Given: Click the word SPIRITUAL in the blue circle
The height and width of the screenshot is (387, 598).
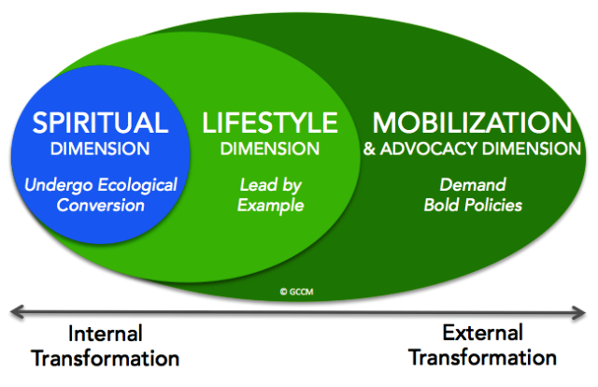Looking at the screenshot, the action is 100,122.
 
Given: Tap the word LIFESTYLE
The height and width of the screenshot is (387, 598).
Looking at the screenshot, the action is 270,122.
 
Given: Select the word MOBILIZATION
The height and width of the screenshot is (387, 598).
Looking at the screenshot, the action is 472,122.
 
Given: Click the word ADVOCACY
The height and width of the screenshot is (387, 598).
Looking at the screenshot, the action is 429,149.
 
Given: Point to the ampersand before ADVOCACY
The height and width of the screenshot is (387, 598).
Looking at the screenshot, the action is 369,149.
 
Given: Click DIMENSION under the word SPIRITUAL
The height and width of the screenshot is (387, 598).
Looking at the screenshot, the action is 100,149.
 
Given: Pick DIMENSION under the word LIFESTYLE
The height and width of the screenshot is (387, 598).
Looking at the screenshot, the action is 270,149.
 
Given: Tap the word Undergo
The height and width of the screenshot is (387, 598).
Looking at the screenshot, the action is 59,186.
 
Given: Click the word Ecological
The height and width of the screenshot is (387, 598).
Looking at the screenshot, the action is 137,186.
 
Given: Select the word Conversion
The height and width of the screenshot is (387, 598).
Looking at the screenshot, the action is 101,206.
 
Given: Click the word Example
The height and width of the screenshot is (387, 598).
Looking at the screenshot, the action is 270,206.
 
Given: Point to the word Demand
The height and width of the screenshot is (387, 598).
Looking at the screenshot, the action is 473,185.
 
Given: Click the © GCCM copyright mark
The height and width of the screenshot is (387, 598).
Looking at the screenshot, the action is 297,292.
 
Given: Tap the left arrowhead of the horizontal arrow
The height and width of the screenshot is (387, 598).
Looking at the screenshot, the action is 17,311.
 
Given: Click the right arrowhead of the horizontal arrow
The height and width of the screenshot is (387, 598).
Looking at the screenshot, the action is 578,313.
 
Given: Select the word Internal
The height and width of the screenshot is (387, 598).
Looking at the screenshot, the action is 106,334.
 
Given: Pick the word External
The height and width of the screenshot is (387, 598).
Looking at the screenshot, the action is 482,333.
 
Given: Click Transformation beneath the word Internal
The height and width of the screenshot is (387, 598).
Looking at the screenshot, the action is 106,359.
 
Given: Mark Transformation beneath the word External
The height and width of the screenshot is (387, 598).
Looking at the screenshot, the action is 482,358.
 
